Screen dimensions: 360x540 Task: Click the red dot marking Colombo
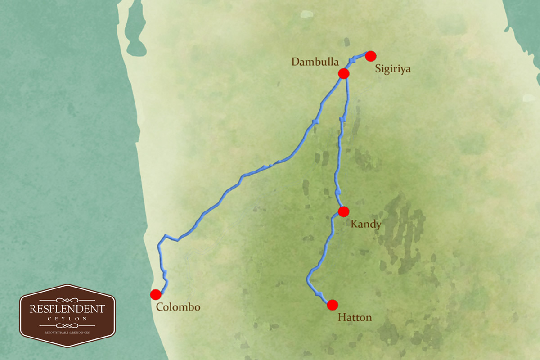tap(156, 294)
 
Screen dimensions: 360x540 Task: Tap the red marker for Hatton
tap(333, 305)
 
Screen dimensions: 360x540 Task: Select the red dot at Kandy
tap(343, 211)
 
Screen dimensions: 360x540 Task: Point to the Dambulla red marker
tap(344, 74)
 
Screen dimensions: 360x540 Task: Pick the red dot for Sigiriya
tap(370, 56)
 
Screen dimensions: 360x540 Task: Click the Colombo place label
tap(178, 307)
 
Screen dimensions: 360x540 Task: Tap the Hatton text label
tap(355, 318)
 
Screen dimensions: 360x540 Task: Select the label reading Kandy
tap(365, 225)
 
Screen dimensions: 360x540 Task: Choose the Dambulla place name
tap(314, 62)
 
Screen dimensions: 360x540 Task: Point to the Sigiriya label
tap(393, 69)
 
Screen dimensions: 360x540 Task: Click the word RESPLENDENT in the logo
tap(67, 309)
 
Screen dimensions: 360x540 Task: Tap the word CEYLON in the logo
tap(67, 319)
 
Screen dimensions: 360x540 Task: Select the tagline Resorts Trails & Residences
tap(67, 333)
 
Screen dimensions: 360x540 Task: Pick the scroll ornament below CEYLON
tap(67, 325)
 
